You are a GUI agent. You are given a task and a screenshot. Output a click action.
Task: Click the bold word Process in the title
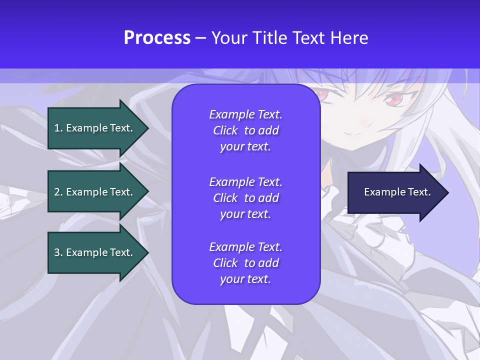(x=157, y=38)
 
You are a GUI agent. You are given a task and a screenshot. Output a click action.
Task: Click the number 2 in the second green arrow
(x=57, y=192)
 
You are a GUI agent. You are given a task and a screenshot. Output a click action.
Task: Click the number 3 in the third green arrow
(x=57, y=252)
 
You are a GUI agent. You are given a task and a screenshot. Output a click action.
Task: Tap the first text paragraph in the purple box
(x=245, y=130)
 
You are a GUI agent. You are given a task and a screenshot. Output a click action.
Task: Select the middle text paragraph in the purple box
(x=245, y=198)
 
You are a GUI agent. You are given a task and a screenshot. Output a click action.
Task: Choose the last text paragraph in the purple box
(x=245, y=263)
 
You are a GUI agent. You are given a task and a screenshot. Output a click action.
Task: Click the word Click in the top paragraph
(x=225, y=130)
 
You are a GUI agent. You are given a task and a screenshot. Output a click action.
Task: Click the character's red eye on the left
(x=318, y=93)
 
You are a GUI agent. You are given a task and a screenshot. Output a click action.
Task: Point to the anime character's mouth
(x=356, y=133)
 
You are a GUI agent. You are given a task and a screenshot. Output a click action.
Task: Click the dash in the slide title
(x=200, y=38)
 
